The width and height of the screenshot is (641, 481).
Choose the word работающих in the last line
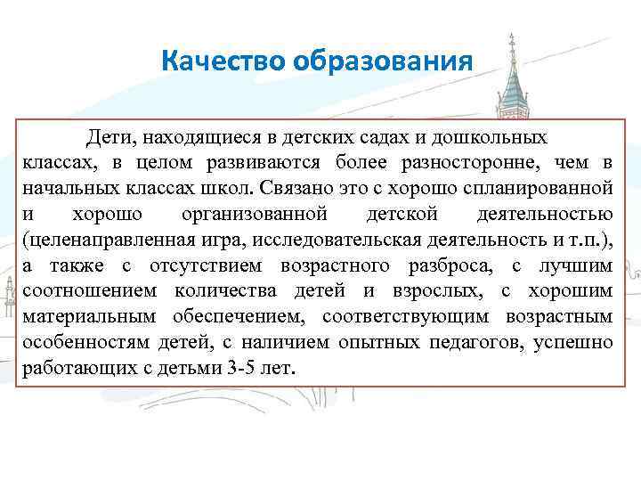click(73, 368)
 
